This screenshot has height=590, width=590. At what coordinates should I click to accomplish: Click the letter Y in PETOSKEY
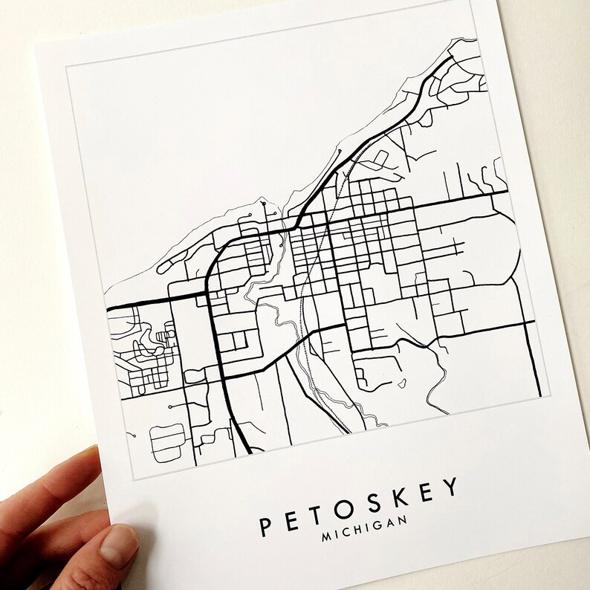click(x=452, y=488)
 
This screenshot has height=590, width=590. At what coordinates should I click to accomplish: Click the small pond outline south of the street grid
click(x=402, y=383)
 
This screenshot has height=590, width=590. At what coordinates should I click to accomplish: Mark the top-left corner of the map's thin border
click(x=66, y=66)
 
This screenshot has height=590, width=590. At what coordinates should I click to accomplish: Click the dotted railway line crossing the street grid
click(x=321, y=245)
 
